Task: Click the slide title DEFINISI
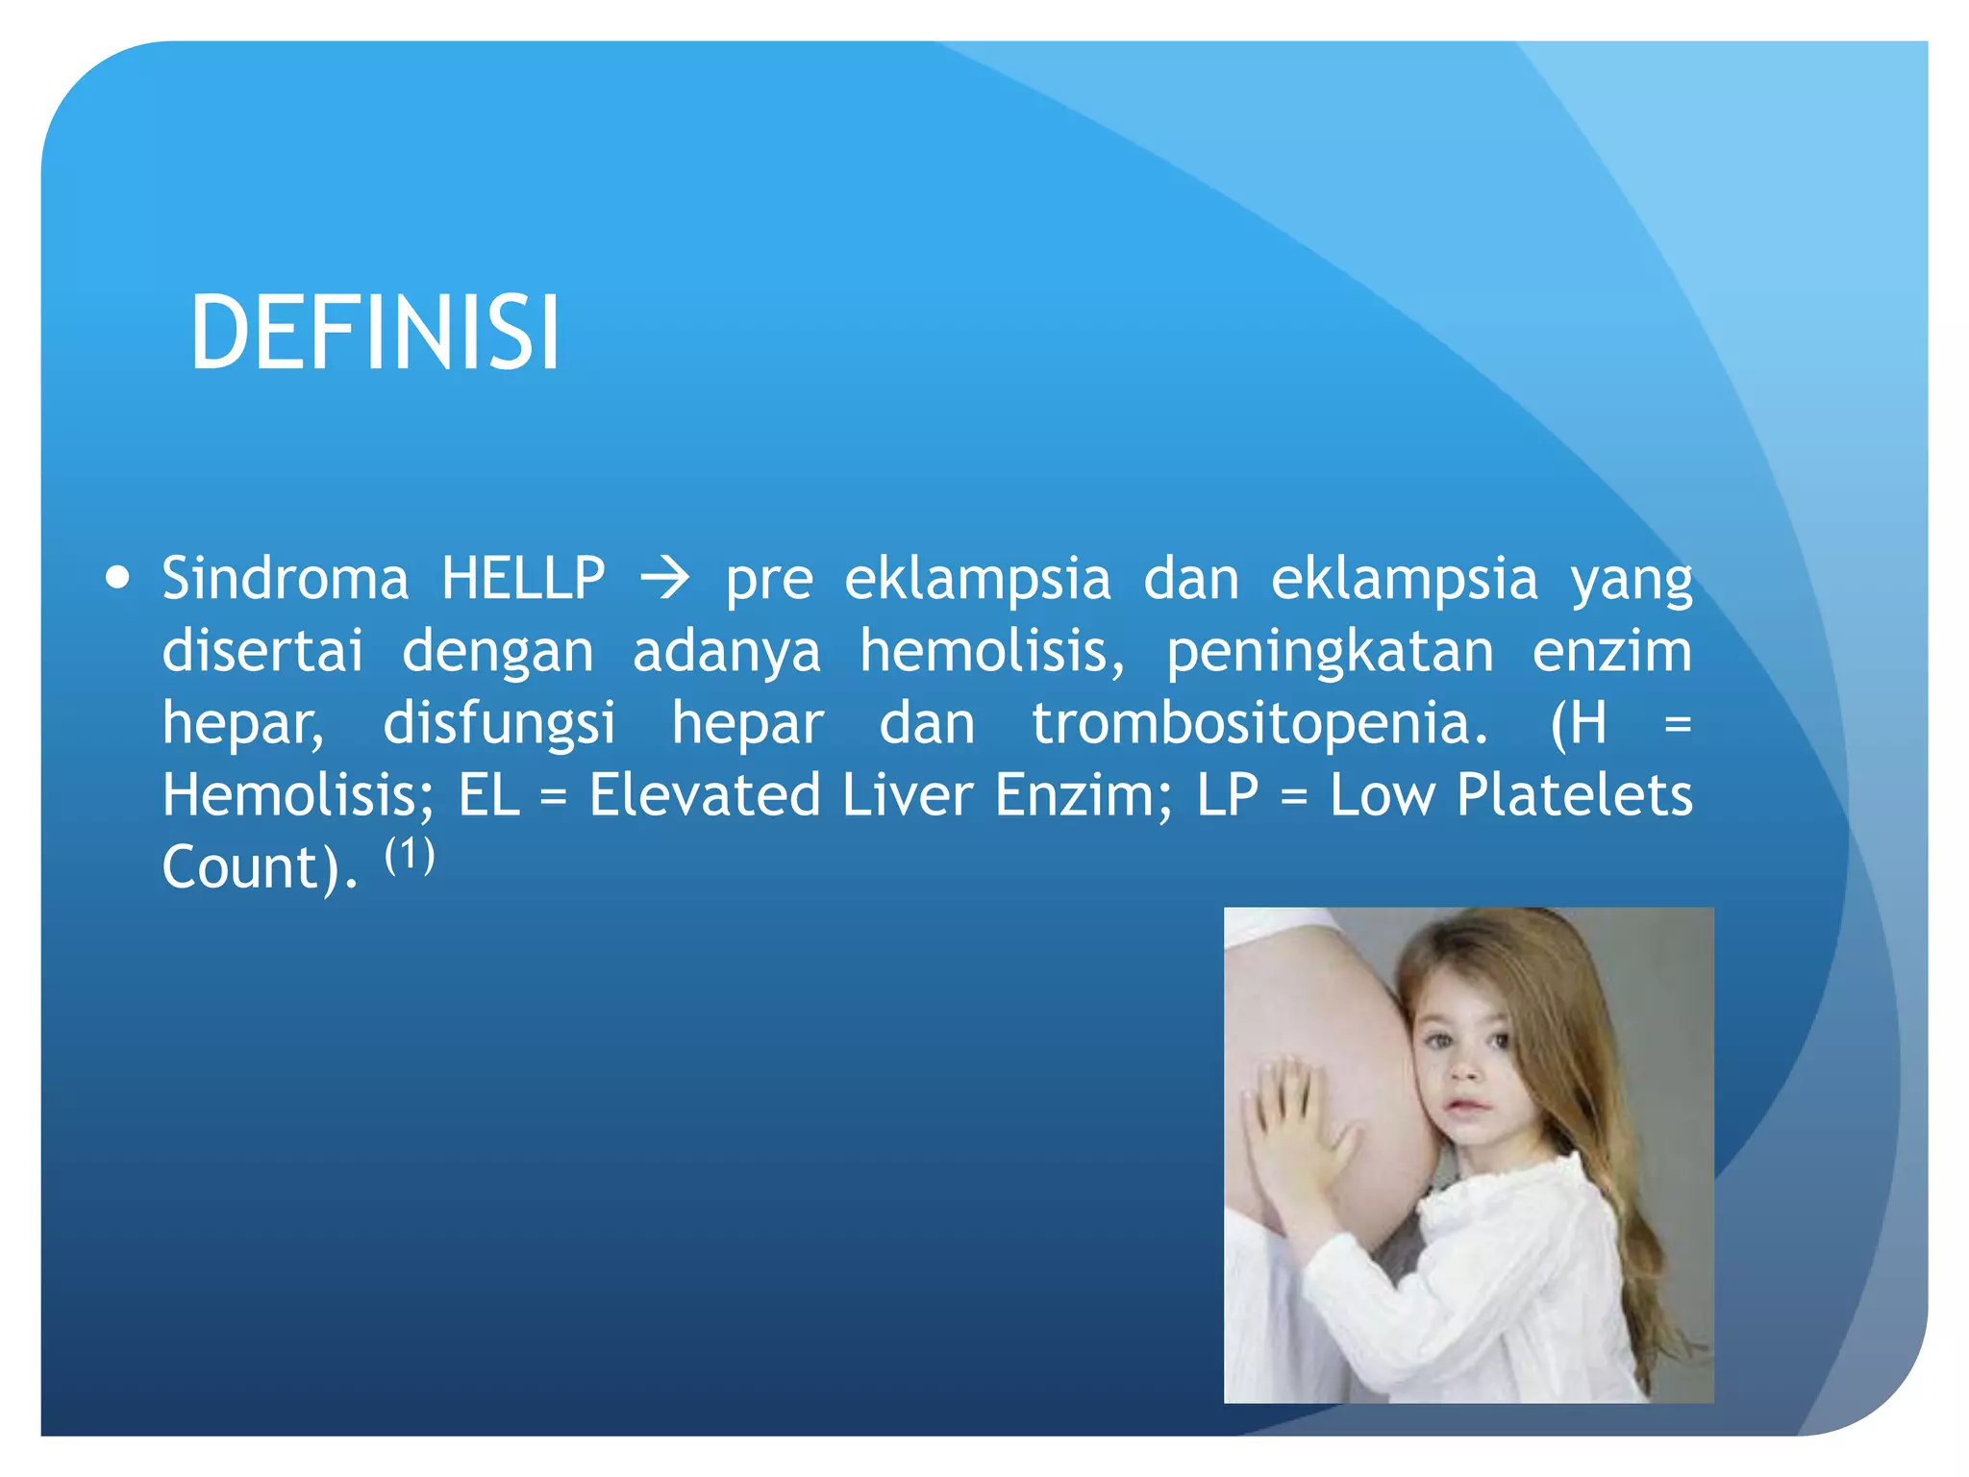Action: click(375, 333)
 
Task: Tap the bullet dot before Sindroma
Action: click(118, 579)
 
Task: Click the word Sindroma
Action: click(285, 579)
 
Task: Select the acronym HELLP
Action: click(523, 579)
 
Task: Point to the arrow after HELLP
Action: click(665, 579)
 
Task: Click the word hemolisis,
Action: click(991, 651)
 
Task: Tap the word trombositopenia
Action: click(1259, 724)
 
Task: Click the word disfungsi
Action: click(499, 724)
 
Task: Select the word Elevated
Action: click(705, 795)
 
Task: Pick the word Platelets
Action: click(1574, 795)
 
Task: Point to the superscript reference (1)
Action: click(410, 854)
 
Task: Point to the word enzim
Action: click(1611, 651)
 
